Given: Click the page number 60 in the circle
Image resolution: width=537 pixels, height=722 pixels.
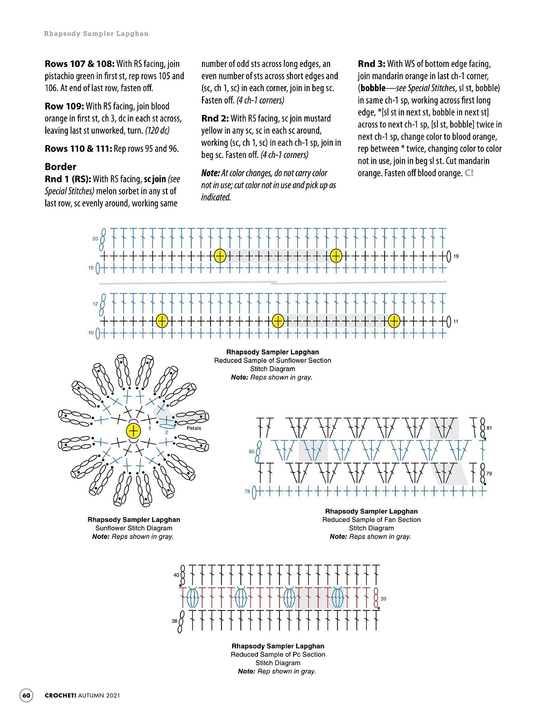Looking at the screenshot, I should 26,695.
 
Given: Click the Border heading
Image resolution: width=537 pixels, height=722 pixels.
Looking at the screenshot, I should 60,167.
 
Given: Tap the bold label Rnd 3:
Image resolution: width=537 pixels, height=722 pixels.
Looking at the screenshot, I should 372,64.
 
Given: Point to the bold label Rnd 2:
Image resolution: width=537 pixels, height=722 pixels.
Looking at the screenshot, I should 215,118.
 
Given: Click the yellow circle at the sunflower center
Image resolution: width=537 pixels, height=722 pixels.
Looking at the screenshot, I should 133,430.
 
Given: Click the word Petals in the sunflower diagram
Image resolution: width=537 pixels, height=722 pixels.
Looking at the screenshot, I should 194,428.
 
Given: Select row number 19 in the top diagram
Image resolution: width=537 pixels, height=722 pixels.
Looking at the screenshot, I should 456,256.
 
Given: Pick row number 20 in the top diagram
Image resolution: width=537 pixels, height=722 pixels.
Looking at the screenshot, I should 95,238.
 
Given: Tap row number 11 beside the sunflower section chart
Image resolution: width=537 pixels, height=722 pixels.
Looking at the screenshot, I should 456,321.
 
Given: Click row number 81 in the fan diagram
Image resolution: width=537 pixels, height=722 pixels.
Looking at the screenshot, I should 489,428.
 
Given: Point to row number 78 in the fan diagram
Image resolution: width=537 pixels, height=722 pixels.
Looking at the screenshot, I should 247,491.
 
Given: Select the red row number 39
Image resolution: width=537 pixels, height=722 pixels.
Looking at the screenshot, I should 383,599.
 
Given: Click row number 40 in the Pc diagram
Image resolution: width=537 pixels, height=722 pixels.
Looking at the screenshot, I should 176,575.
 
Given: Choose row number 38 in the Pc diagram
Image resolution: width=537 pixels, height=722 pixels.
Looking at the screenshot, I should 175,621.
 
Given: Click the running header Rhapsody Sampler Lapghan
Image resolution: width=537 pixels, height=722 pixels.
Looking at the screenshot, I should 96,33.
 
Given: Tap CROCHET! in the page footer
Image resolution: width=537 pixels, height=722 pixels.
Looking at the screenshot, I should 60,695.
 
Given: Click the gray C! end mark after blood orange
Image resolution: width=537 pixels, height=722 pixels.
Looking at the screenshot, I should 469,173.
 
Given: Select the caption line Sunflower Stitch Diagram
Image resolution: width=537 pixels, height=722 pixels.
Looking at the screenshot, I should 134,528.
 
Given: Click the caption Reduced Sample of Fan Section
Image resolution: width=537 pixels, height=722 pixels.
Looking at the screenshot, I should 371,520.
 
